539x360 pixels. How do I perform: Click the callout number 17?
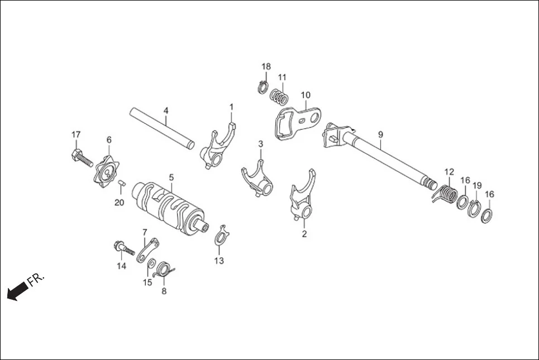click(76, 135)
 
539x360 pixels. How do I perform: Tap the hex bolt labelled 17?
click(80, 156)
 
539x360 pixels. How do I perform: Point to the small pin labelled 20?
click(120, 185)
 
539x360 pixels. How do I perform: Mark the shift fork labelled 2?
click(300, 198)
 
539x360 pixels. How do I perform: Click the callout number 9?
click(380, 135)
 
